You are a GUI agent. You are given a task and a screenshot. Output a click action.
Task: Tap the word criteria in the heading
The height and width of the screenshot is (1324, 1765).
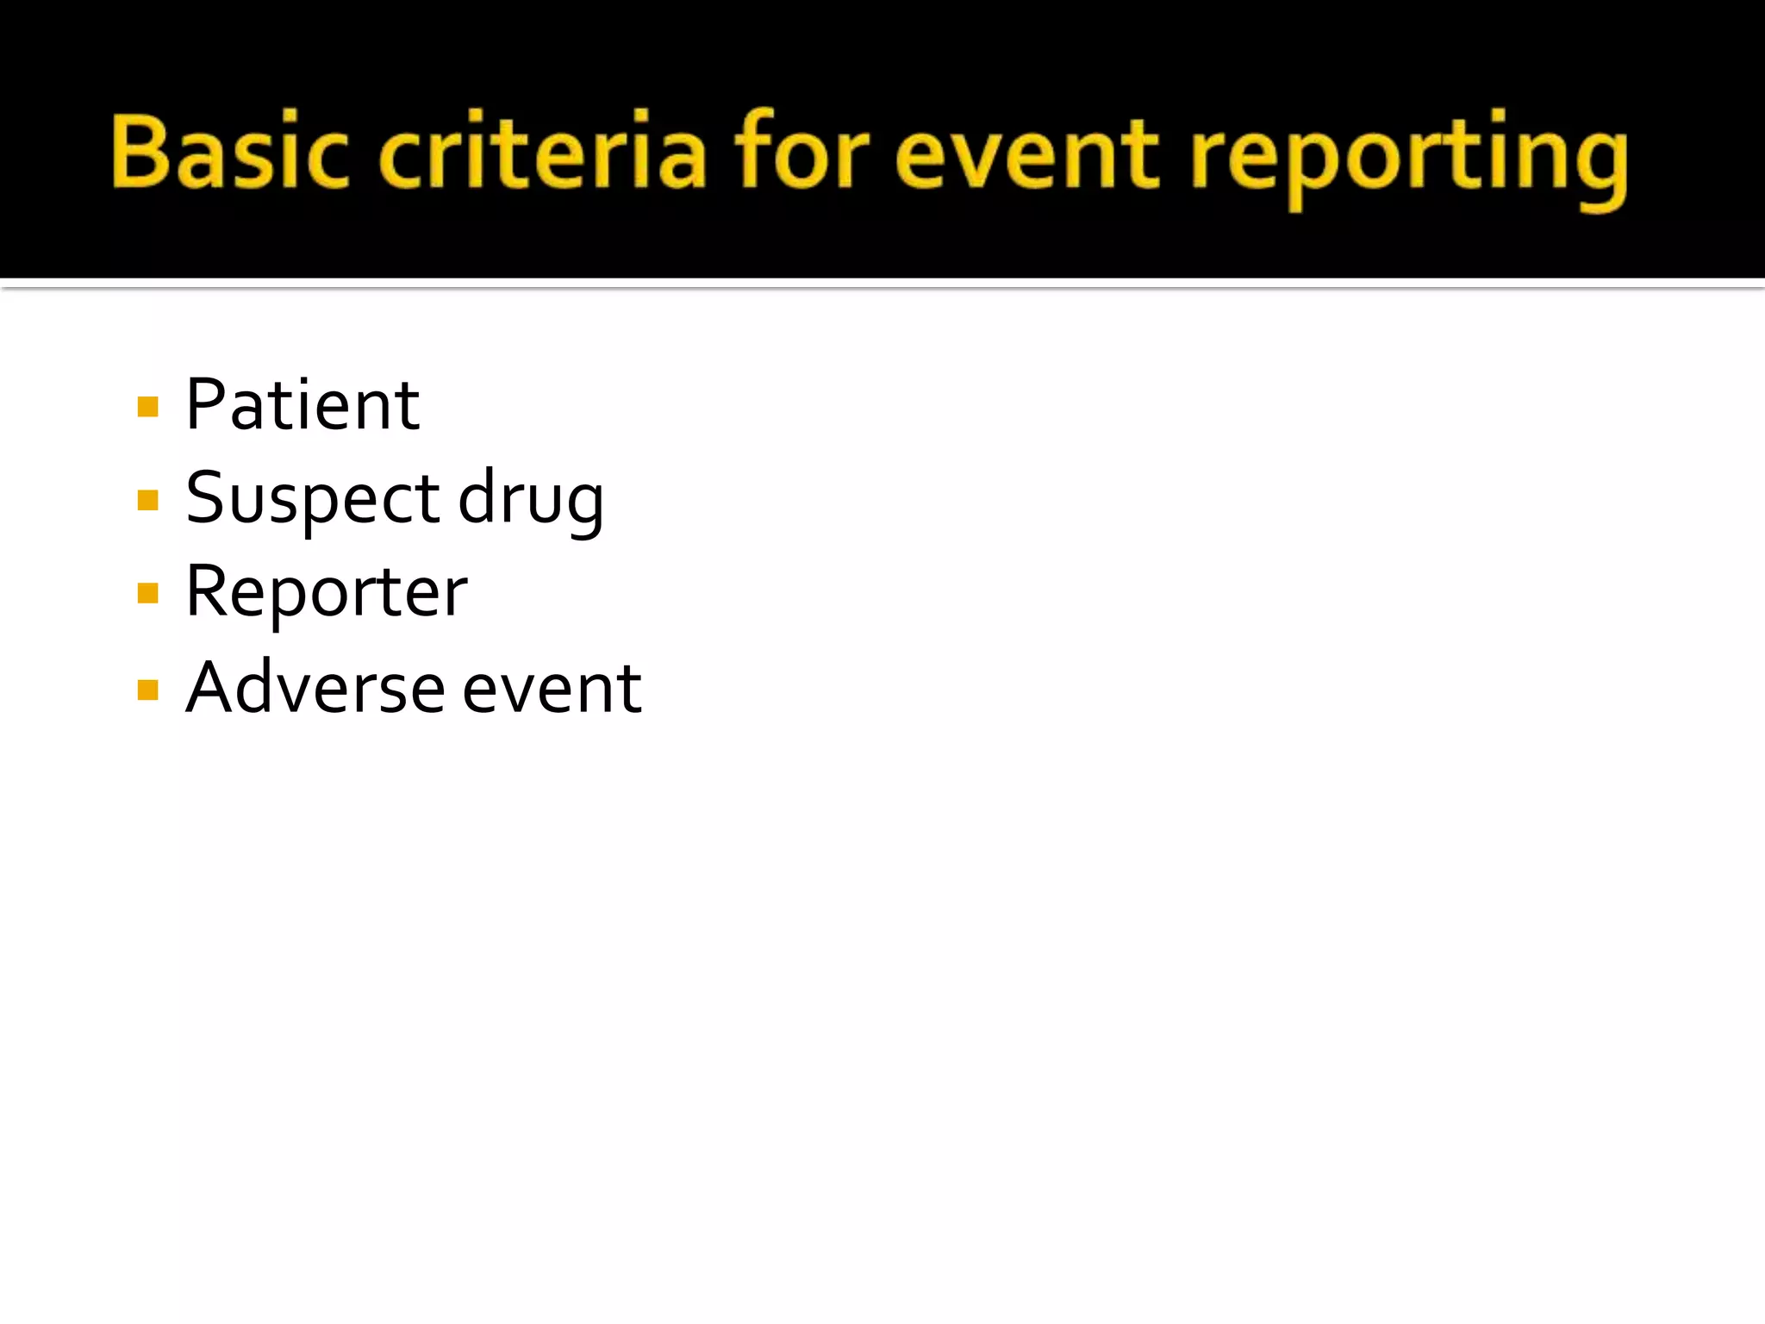click(x=543, y=152)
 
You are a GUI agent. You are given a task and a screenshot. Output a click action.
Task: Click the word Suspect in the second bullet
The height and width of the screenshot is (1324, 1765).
click(x=313, y=499)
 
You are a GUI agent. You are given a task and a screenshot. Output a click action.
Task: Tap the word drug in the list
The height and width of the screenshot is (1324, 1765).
click(x=530, y=499)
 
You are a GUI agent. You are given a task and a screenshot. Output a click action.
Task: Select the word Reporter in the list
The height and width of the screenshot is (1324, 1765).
click(x=327, y=593)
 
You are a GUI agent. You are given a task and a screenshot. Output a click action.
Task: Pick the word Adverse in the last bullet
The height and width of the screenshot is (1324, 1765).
click(x=315, y=688)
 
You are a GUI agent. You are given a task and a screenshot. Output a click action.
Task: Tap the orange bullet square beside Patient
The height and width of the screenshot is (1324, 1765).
click(x=148, y=407)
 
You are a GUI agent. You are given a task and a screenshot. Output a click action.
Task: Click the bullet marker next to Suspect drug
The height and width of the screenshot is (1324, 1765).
click(x=148, y=500)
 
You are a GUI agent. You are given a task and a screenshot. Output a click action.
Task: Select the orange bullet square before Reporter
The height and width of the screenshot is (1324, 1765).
click(x=148, y=594)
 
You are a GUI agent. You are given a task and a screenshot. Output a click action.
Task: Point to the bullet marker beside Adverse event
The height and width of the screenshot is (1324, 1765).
click(x=148, y=690)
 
